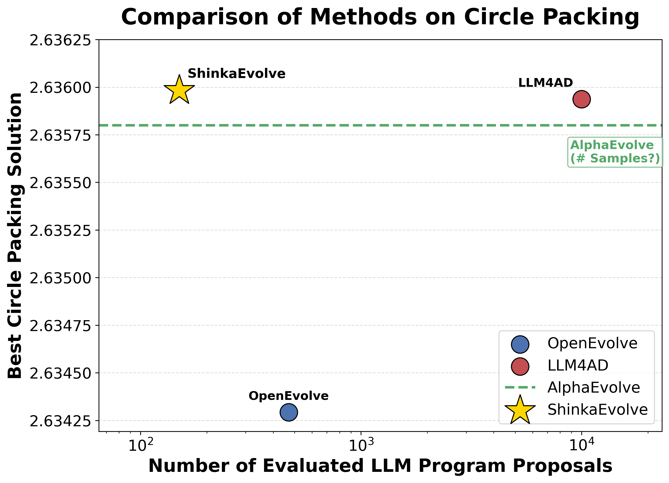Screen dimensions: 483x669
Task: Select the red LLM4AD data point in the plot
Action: (x=581, y=99)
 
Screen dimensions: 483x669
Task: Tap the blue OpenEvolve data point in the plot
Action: (x=289, y=412)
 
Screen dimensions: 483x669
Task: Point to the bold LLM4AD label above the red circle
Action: (x=545, y=83)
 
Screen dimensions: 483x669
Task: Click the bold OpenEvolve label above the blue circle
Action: (x=288, y=396)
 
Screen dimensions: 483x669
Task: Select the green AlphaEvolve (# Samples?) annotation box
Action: (x=615, y=152)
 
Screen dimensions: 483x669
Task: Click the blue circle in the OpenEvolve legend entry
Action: (x=520, y=344)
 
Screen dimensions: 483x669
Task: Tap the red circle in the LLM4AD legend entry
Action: (x=520, y=366)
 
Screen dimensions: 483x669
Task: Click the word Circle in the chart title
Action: (x=499, y=17)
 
